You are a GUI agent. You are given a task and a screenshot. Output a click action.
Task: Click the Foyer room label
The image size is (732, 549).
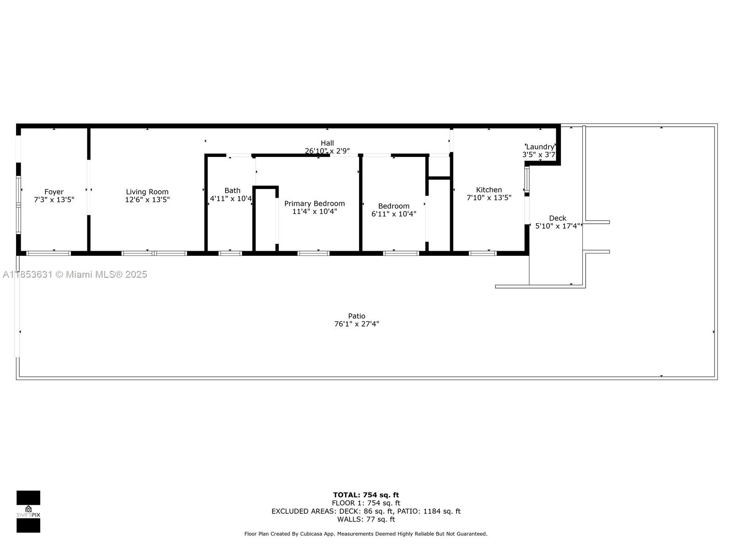[54, 192]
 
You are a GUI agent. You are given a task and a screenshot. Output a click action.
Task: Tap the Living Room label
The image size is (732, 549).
[147, 192]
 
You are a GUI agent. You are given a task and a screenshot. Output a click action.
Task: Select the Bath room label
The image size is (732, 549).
[232, 190]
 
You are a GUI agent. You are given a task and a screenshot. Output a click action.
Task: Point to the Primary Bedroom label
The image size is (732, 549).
[314, 204]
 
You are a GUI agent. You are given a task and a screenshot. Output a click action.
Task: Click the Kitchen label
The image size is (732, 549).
[489, 190]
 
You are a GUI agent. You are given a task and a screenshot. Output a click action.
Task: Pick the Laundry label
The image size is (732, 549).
[540, 147]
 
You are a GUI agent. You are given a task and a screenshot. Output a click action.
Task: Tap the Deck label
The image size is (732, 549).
[557, 218]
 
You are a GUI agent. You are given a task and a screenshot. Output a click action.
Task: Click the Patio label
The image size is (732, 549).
[356, 316]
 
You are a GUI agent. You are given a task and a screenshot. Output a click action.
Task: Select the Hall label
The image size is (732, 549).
[327, 143]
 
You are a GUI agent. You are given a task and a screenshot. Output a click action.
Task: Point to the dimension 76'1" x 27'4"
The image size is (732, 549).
[356, 324]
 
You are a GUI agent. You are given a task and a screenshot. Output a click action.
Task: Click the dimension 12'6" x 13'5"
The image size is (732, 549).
[147, 199]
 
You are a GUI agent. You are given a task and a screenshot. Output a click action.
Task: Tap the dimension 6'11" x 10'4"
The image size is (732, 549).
[393, 214]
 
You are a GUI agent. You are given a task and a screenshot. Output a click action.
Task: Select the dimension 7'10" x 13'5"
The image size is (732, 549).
[489, 198]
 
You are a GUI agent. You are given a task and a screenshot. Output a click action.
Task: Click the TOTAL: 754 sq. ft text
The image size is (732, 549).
[366, 495]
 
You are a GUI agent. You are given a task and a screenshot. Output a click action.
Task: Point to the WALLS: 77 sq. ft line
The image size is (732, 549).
[366, 519]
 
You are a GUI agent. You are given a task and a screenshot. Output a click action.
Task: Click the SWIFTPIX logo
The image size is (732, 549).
[28, 511]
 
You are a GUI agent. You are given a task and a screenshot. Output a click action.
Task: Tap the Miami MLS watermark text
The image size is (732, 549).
[75, 274]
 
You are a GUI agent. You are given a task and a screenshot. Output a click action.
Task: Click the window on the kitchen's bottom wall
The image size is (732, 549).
[483, 253]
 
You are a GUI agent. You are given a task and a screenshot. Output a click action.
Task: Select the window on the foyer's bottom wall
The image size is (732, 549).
[48, 253]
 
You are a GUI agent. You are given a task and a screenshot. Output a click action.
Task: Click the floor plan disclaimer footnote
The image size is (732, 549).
[366, 534]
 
